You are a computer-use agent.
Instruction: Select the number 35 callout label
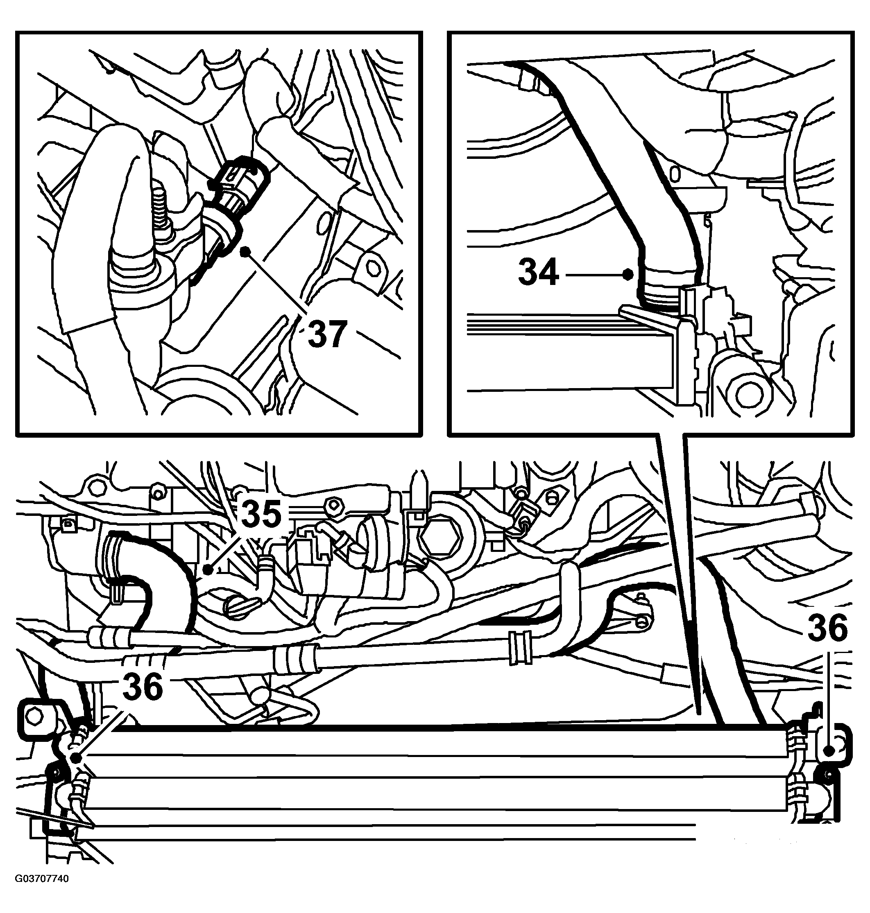click(262, 514)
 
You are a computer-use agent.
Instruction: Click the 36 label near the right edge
click(828, 627)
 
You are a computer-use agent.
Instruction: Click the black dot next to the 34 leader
click(628, 274)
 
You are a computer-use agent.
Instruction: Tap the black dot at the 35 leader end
click(208, 569)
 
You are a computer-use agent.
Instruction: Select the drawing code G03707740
click(42, 892)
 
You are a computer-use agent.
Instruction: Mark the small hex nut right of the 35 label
click(334, 503)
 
